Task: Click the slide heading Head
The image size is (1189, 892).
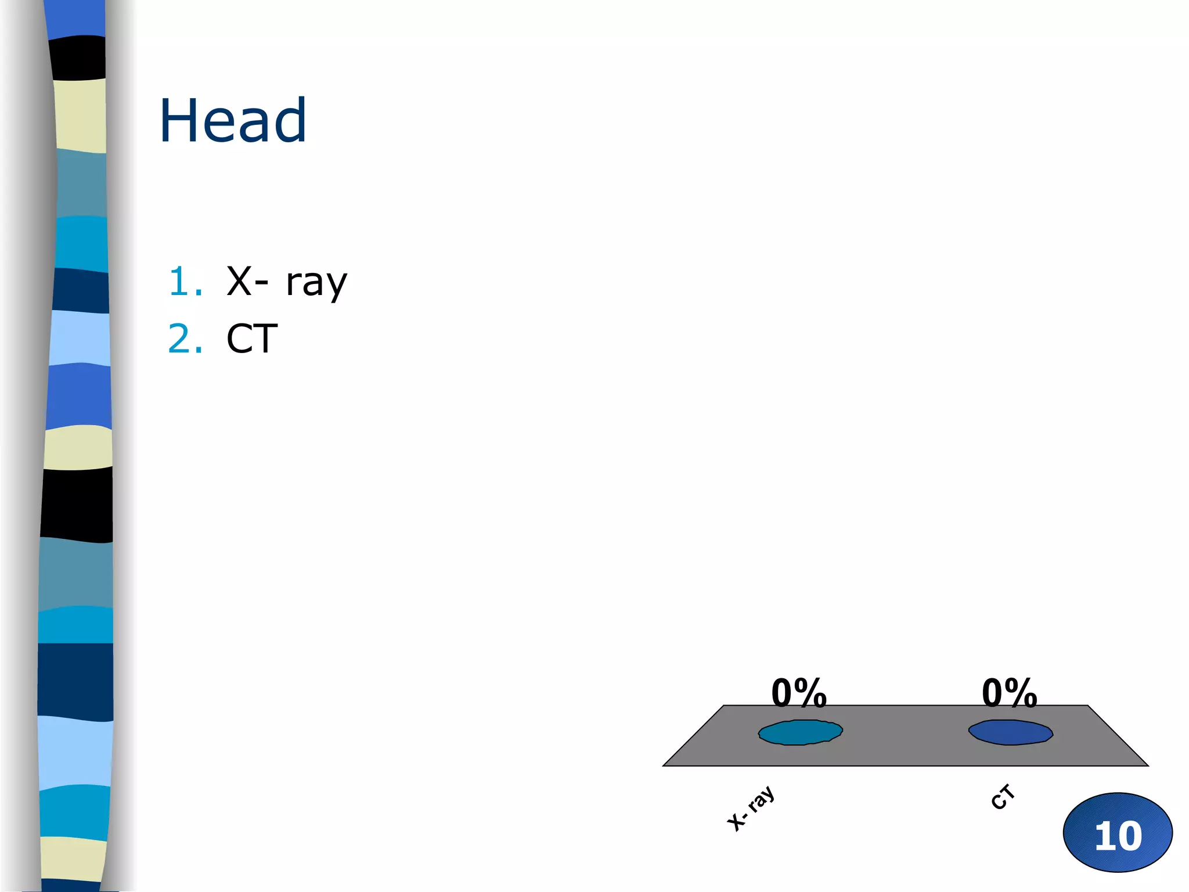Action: (x=232, y=120)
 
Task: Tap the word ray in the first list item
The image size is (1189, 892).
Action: (x=316, y=283)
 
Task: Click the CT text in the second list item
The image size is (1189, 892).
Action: (x=252, y=339)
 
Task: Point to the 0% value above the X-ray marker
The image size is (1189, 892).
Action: (x=799, y=693)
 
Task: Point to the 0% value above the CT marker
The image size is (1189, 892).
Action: (x=1009, y=693)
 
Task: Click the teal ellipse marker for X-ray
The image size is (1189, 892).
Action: (x=800, y=732)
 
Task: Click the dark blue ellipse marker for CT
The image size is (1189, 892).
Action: (x=1010, y=732)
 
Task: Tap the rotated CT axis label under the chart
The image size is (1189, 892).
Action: (x=1003, y=797)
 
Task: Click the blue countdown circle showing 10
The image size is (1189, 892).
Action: (x=1118, y=832)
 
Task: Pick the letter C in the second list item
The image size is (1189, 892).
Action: (x=239, y=339)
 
